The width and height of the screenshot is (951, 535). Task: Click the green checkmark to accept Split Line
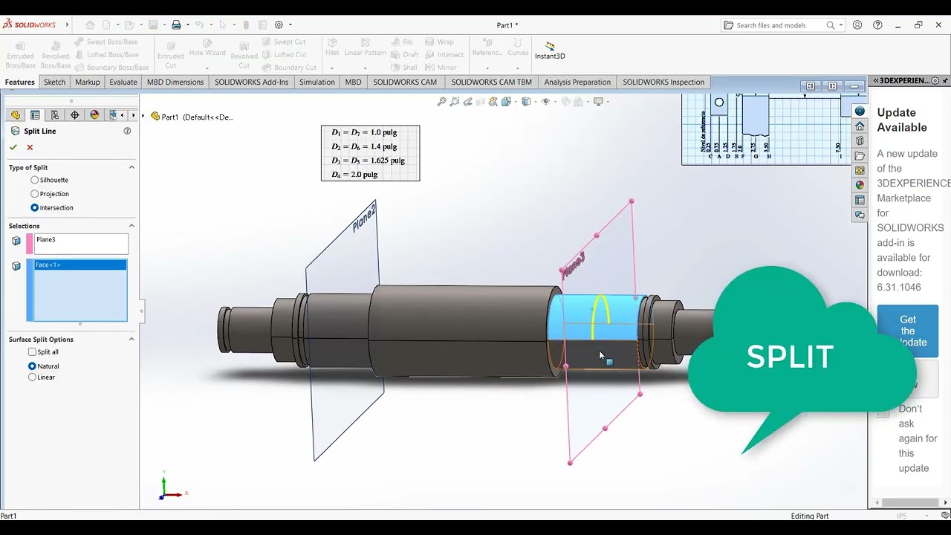[x=13, y=147]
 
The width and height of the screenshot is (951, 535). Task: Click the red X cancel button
[x=30, y=147]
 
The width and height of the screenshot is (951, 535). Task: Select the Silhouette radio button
[x=35, y=180]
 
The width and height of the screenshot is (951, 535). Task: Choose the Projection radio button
[x=35, y=194]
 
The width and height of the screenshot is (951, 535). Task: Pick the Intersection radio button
[x=35, y=208]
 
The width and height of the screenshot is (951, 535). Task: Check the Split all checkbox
[x=32, y=352]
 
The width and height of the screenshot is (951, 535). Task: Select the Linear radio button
[x=32, y=377]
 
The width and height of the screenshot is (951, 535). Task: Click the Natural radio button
[x=32, y=366]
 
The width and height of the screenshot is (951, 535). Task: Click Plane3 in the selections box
[x=46, y=240]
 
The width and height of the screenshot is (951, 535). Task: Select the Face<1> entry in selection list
[x=48, y=265]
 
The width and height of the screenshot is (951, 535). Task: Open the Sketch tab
[x=54, y=82]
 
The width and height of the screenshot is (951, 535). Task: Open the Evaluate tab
[x=123, y=82]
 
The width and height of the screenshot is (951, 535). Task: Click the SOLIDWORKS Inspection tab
[x=663, y=82]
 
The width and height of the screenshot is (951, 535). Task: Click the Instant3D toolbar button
[x=550, y=51]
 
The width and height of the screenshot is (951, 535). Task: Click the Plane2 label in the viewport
[x=363, y=218]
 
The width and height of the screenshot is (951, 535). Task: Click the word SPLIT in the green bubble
[x=789, y=357]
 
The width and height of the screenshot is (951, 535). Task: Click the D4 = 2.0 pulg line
[x=355, y=175]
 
